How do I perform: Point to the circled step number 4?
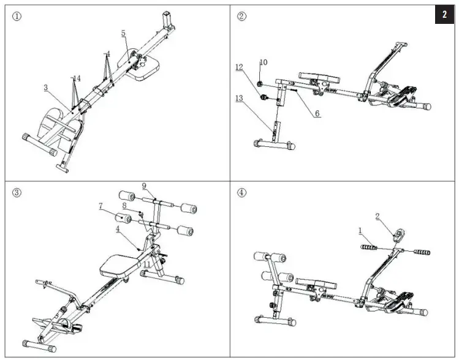(241, 192)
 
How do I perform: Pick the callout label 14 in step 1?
(76, 78)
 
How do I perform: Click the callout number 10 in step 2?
(264, 62)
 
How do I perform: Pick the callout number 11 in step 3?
(146, 264)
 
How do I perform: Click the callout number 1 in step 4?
(361, 231)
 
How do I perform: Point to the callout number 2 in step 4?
(377, 216)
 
